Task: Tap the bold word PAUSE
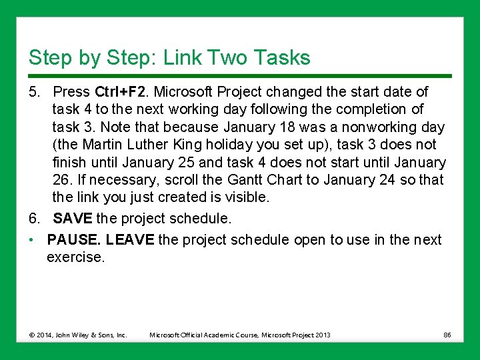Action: (x=73, y=239)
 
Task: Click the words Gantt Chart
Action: (x=256, y=180)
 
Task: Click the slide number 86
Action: (x=447, y=335)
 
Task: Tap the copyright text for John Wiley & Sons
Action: (x=77, y=335)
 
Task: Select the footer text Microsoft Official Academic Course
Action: (x=204, y=335)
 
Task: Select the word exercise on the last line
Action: (x=75, y=257)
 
